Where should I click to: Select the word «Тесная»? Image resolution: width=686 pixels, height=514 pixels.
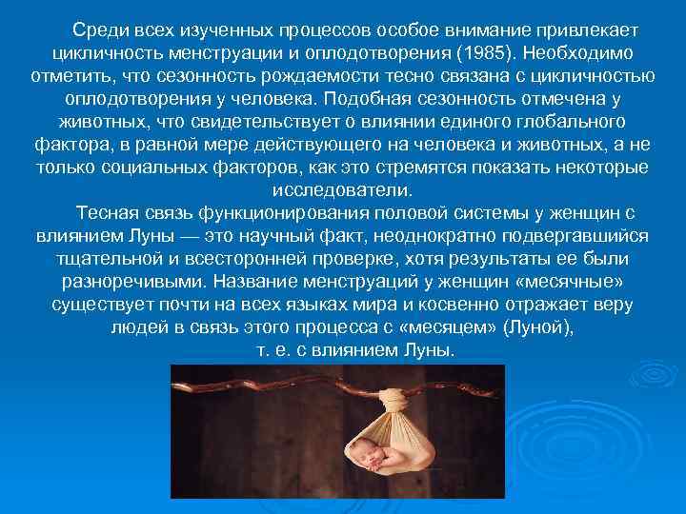(105, 212)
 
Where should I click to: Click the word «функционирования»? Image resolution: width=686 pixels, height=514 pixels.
(257, 212)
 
